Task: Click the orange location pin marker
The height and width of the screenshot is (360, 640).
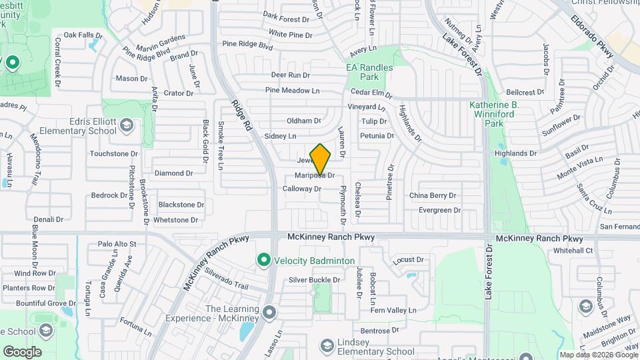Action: coord(321,160)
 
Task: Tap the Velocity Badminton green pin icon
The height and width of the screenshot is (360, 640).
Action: coord(263,260)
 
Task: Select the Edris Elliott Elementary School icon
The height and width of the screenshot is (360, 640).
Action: coord(127,124)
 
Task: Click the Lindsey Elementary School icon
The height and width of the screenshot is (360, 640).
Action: coord(327,345)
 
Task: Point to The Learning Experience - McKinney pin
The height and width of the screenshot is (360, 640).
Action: coord(269,312)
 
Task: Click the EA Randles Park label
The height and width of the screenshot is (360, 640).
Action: coord(370,72)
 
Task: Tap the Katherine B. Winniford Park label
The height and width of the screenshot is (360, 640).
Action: coord(503,114)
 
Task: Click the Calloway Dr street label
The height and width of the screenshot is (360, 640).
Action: coord(302,189)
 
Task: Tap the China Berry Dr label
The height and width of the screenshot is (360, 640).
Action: coord(433,195)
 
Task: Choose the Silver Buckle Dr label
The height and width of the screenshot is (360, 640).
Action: coord(315,280)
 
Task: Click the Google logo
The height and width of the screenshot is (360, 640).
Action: coord(22,351)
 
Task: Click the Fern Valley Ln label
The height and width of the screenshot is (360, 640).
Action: coord(393,310)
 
